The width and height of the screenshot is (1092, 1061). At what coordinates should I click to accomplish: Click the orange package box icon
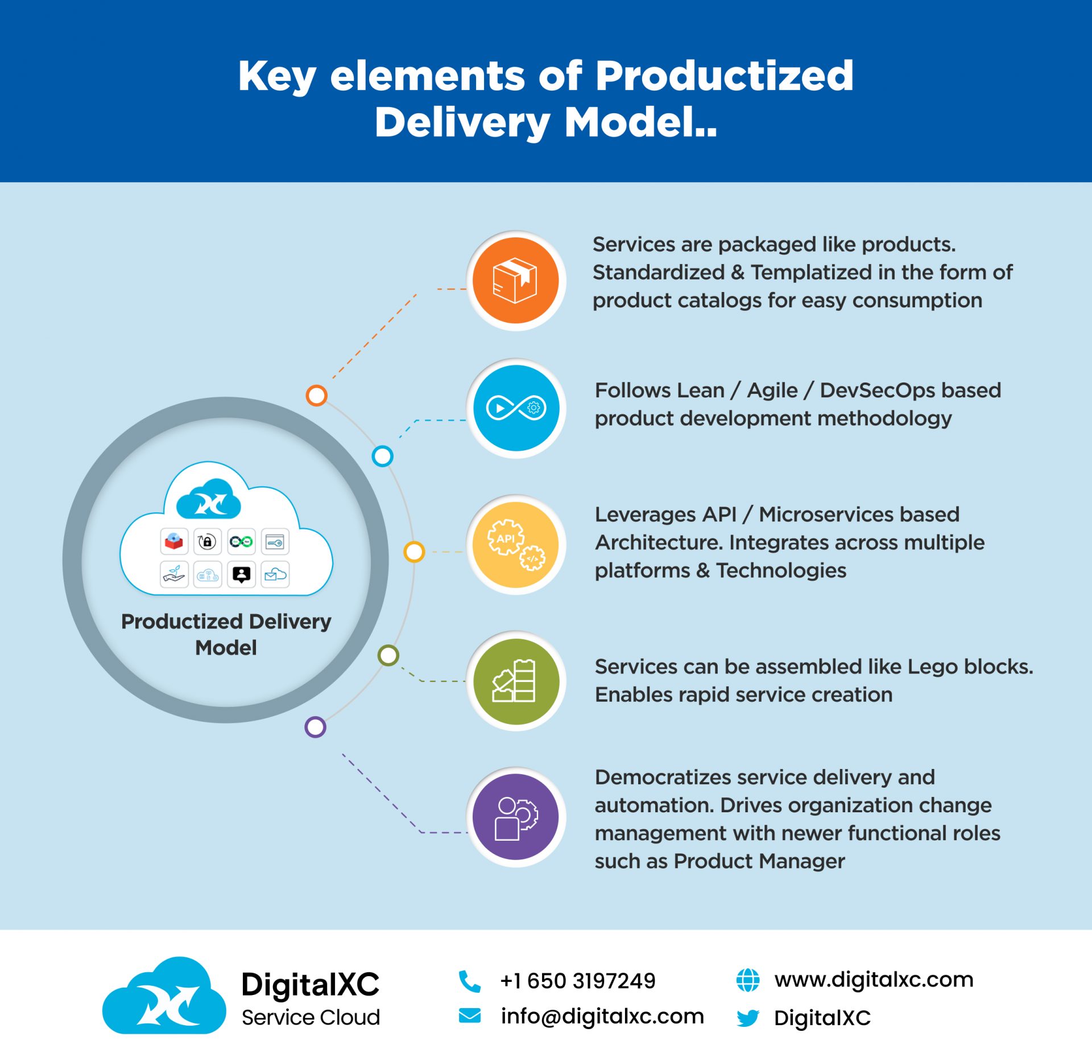[x=516, y=281]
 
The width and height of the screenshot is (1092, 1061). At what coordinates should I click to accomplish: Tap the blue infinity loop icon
[x=516, y=408]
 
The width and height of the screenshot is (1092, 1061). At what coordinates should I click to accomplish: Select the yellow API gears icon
[x=516, y=544]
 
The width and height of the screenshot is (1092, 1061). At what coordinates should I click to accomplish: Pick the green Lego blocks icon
[x=516, y=681]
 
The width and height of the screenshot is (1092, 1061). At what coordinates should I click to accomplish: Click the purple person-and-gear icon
[x=516, y=817]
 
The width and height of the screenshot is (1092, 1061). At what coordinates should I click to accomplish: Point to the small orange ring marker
[x=316, y=395]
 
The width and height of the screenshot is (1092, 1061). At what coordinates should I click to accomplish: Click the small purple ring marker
[x=315, y=727]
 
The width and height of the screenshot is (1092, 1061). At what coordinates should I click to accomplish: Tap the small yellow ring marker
[x=414, y=552]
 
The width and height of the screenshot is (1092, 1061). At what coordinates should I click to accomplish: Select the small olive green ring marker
[x=388, y=655]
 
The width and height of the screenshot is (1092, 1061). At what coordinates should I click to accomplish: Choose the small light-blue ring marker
[x=382, y=456]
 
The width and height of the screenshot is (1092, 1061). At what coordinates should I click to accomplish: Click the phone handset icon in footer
[x=470, y=981]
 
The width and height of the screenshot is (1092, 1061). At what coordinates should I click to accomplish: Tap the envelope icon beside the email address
[x=470, y=1015]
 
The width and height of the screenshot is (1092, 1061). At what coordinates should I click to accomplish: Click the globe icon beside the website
[x=748, y=980]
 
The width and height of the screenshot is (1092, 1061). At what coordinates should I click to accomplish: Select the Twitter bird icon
[x=748, y=1018]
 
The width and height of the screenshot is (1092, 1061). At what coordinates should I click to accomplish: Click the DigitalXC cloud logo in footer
[x=164, y=997]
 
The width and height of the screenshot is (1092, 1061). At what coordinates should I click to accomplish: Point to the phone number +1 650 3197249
[x=578, y=981]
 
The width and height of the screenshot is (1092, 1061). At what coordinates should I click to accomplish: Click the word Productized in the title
[x=724, y=76]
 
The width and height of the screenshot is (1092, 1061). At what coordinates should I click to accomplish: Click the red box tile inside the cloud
[x=173, y=541]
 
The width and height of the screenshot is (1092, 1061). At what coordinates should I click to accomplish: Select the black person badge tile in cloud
[x=242, y=574]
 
